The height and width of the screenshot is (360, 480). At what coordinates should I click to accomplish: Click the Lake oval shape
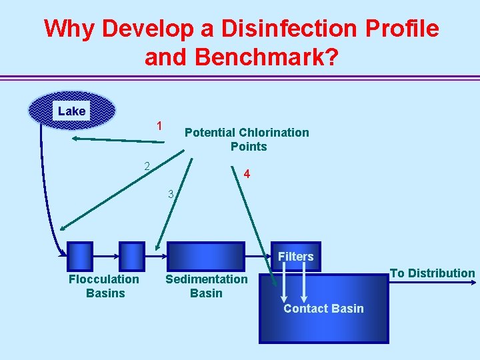71,110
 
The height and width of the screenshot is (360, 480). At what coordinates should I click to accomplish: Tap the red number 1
159,126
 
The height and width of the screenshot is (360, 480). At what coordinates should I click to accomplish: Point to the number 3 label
171,195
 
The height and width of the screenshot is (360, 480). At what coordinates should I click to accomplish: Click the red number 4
247,175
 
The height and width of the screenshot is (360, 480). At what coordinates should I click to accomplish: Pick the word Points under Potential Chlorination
248,147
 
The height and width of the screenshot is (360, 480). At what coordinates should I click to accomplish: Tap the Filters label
296,257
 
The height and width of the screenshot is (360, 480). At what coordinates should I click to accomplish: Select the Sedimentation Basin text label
206,286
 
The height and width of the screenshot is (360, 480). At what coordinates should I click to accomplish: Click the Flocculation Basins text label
104,286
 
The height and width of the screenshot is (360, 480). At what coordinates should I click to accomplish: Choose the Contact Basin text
323,309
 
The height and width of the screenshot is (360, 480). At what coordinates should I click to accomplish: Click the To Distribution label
432,273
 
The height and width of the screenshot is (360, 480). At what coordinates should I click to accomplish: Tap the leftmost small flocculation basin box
81,255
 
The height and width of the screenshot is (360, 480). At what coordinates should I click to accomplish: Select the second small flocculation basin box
131,255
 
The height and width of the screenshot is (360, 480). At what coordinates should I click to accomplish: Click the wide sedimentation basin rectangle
206,255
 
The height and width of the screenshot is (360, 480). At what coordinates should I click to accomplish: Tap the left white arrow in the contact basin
284,287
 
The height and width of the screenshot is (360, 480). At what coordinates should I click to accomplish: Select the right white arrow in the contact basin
305,287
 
